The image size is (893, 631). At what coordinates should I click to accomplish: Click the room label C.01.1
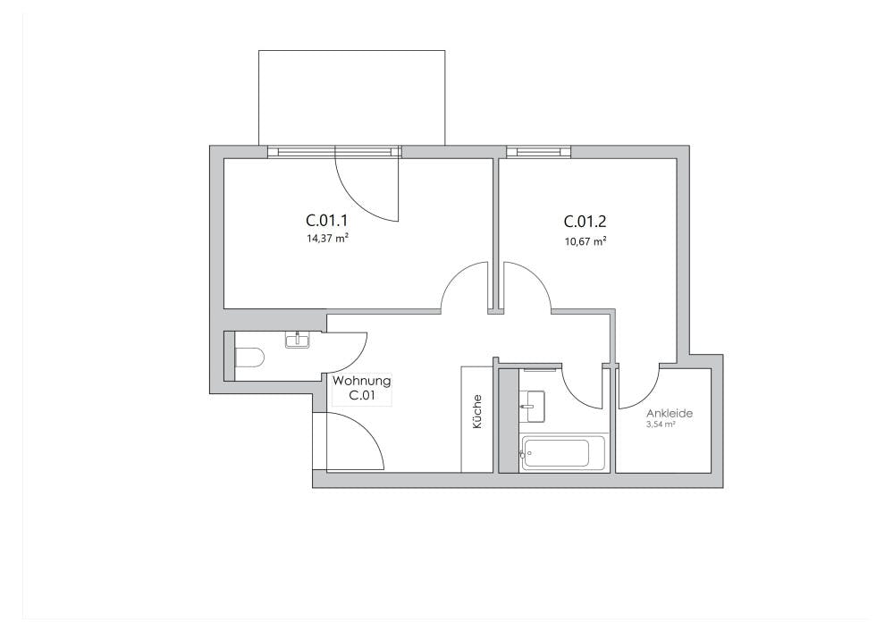325,220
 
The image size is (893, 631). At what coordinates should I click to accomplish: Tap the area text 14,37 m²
326,239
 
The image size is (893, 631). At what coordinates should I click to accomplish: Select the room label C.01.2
586,221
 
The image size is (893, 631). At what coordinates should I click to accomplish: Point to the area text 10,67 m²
586,240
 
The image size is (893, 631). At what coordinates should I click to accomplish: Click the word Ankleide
670,414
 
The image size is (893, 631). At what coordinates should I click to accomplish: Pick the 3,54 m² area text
660,425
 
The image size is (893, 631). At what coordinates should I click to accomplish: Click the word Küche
476,412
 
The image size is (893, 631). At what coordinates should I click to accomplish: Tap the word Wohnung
361,381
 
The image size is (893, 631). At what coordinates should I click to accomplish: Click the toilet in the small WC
249,358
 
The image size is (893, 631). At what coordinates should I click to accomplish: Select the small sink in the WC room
296,339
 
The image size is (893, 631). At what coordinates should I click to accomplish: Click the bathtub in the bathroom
556,453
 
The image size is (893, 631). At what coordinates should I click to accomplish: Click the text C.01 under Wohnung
361,395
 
